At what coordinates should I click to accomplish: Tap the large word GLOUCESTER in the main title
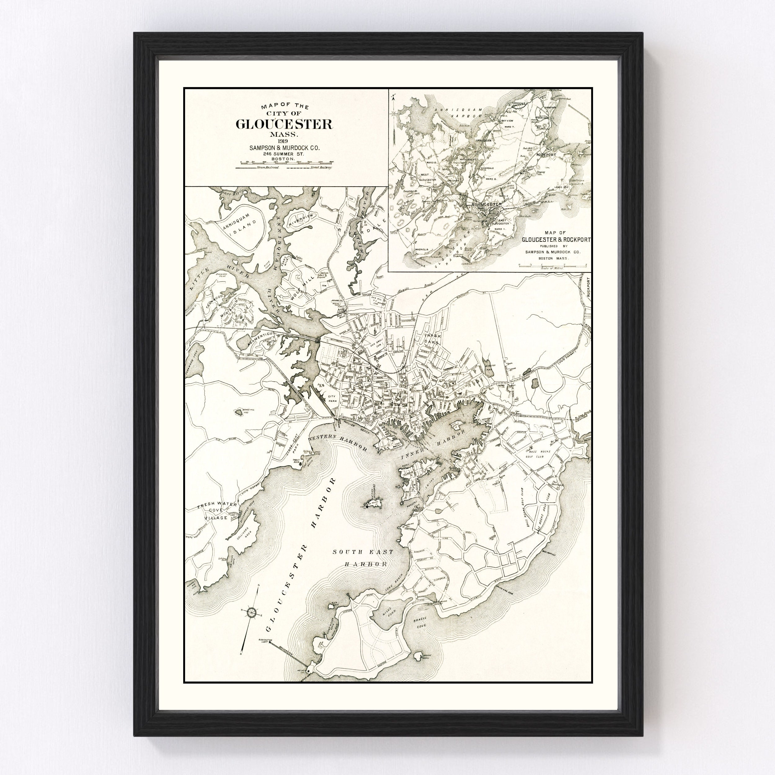[284, 124]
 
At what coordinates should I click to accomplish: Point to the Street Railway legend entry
[309, 167]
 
